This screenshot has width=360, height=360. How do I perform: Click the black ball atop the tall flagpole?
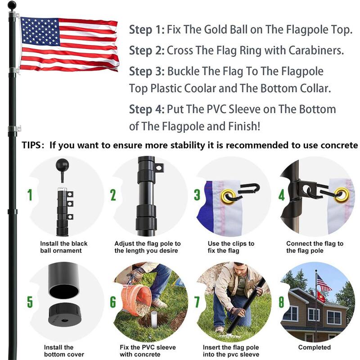click(x=13, y=6)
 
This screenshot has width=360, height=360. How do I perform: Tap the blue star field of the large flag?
click(x=40, y=31)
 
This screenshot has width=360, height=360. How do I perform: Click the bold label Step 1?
click(x=146, y=31)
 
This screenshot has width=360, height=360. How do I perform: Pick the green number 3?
click(x=197, y=195)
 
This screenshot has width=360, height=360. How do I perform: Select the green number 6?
click(x=113, y=302)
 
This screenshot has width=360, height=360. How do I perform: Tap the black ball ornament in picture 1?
click(x=62, y=165)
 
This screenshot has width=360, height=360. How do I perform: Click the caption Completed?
click(x=314, y=347)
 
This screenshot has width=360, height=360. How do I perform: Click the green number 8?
click(x=281, y=302)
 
